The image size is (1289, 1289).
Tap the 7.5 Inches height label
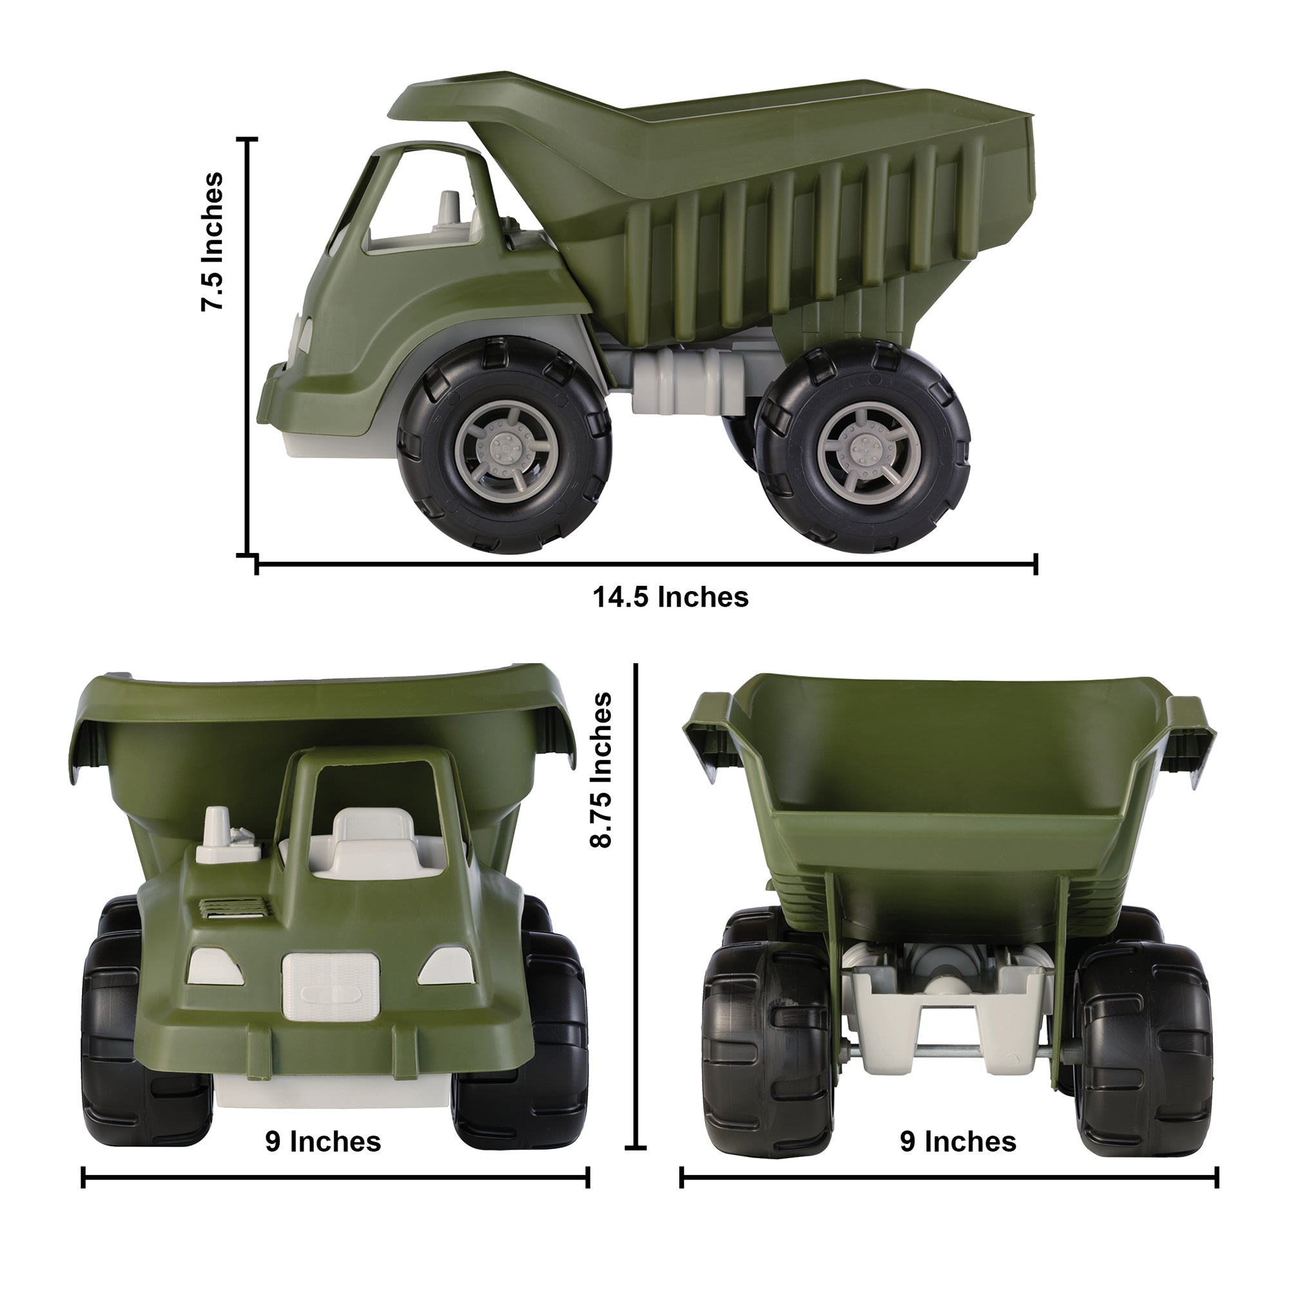(213, 242)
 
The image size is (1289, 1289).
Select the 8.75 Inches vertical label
(601, 770)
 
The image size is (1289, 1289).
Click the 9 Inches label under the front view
(323, 1141)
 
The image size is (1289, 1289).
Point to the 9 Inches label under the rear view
(958, 1141)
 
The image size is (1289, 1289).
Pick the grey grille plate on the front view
(330, 985)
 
